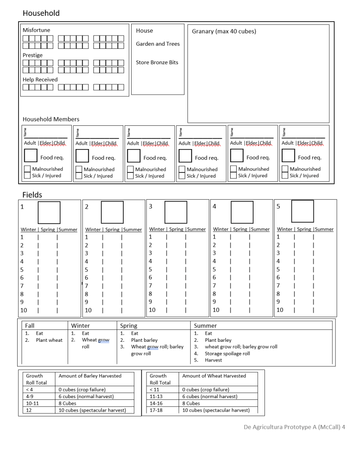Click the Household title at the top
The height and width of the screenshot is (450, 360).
[x=41, y=13]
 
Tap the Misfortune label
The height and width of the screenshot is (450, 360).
[x=37, y=30]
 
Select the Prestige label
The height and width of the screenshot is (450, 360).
[x=33, y=55]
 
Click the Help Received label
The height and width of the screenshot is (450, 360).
[x=40, y=80]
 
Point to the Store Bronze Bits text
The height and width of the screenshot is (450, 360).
[x=157, y=62]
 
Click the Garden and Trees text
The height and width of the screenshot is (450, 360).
[x=158, y=44]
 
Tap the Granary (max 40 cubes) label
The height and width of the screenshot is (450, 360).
[x=224, y=32]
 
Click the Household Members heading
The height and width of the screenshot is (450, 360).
[x=51, y=119]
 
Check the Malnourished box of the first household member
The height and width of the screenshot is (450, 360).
[x=27, y=169]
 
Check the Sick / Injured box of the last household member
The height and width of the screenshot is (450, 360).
[x=285, y=176]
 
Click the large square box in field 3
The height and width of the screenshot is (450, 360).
[x=176, y=212]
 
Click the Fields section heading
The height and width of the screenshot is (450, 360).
[x=33, y=194]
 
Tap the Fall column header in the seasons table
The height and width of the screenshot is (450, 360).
[x=30, y=326]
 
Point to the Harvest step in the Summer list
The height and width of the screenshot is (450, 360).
[x=213, y=360]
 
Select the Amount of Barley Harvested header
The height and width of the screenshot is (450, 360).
[x=90, y=376]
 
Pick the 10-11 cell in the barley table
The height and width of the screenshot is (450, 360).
[x=33, y=403]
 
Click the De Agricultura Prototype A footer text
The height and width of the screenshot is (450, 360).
[x=294, y=427]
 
